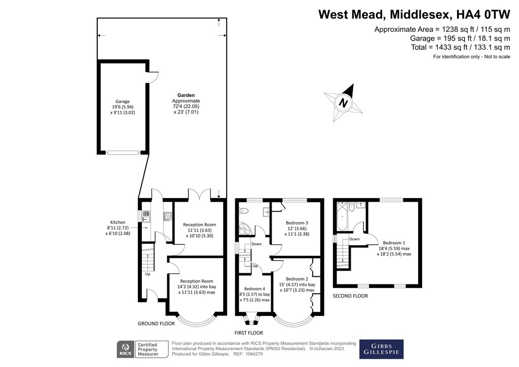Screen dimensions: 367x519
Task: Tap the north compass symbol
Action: pyautogui.click(x=344, y=103)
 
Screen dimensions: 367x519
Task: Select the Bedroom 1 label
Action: pyautogui.click(x=393, y=242)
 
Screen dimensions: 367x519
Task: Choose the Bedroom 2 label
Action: pyautogui.click(x=297, y=279)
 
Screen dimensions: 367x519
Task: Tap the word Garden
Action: pyautogui.click(x=186, y=95)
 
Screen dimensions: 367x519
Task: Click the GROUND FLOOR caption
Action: pyautogui.click(x=156, y=323)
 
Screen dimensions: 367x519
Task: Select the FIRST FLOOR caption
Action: pyautogui.click(x=248, y=333)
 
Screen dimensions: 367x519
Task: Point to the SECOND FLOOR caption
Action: pyautogui.click(x=350, y=296)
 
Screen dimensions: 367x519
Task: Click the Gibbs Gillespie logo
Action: pyautogui.click(x=381, y=349)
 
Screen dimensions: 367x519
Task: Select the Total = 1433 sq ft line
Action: pyautogui.click(x=461, y=47)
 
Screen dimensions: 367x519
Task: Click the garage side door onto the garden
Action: pyautogui.click(x=152, y=76)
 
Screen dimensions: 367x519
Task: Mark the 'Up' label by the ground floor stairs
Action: pyautogui.click(x=148, y=274)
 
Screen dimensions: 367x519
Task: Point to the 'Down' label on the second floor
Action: pyautogui.click(x=355, y=239)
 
